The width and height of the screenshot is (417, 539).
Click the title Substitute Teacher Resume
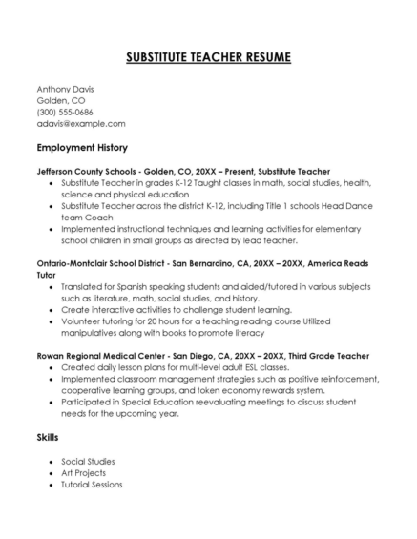208,57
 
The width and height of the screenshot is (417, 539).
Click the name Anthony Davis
65,89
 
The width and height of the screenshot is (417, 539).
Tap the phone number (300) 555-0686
65,112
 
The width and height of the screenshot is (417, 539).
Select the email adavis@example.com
81,123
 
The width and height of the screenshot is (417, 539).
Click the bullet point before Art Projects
50,472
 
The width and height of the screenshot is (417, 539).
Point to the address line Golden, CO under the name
61,100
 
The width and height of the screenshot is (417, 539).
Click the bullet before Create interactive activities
50,309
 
